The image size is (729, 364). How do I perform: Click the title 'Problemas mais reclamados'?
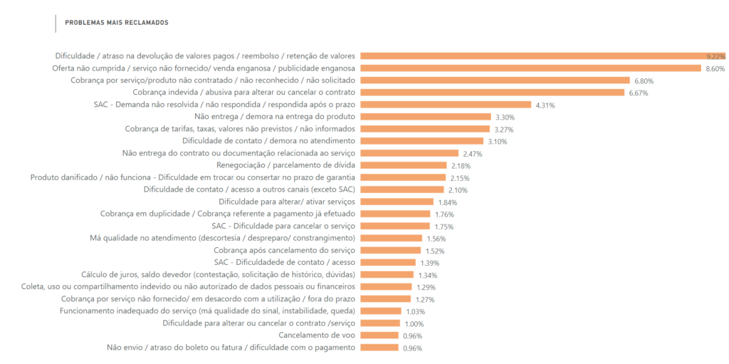[117, 23]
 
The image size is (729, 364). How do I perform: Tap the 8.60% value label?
[715, 68]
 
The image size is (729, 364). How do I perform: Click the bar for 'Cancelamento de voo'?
[379, 335]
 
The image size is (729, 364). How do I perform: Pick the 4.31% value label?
[545, 105]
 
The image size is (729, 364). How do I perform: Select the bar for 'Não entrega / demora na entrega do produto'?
[426, 116]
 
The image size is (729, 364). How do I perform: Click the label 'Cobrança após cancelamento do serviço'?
[284, 250]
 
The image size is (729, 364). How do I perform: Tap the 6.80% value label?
[644, 80]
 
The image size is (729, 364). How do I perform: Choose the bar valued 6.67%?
[492, 92]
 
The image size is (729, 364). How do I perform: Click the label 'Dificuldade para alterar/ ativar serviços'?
[286, 202]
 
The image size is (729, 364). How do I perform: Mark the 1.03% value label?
[415, 311]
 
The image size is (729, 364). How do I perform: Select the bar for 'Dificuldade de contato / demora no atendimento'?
[424, 140]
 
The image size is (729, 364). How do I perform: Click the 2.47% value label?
[473, 153]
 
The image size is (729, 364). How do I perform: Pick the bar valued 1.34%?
[387, 274]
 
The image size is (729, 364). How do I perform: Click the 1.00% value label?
[414, 324]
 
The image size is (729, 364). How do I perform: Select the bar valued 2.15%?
[403, 177]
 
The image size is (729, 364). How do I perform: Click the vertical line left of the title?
[56, 23]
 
